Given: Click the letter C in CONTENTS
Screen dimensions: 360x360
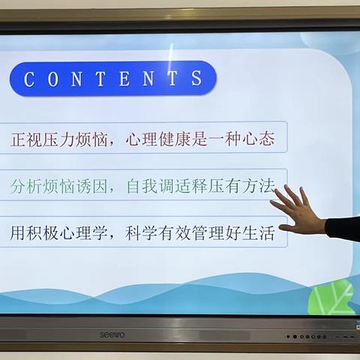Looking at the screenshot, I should [30, 79].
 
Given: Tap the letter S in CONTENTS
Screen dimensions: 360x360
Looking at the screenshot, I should [196, 79].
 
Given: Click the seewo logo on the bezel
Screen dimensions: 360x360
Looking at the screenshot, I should [113, 334].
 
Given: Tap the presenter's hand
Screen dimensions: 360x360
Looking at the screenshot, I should [298, 211].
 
